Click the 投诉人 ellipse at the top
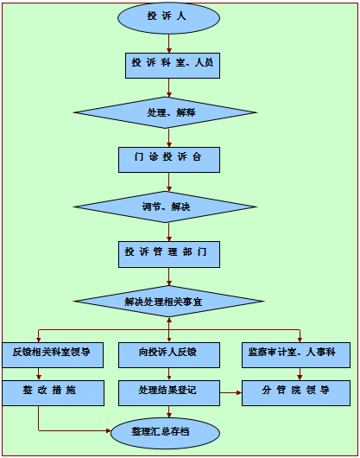coord(168,17)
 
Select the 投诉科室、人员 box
coord(173,66)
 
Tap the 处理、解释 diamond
coord(165,112)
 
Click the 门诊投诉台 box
coord(169,160)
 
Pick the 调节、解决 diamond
coord(165,207)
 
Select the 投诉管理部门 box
coord(169,254)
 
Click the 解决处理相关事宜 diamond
coord(169,302)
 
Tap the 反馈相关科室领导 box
coord(53,355)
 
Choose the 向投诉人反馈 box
coord(169,355)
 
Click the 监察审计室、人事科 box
coord(296,355)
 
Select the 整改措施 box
coord(54,393)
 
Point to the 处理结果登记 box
coord(169,393)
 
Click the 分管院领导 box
coord(296,393)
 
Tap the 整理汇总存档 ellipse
coord(165,433)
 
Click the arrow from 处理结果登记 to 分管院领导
coord(231,393)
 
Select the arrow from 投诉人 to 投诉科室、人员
coord(169,43)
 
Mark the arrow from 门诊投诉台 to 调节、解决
coord(169,182)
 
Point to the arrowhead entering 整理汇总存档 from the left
coord(108,430)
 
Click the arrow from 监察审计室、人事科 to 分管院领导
coord(300,374)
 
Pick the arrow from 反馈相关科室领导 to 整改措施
coord(39,374)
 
